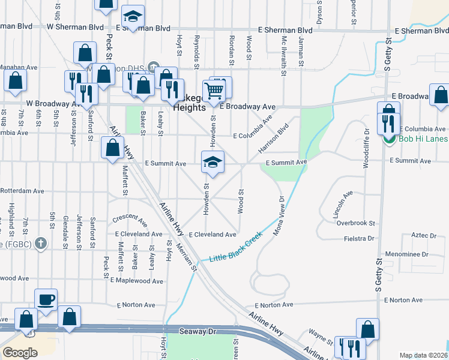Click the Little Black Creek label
click(x=235, y=247)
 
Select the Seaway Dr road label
click(x=197, y=331)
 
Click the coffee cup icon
click(x=46, y=299)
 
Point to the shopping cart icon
click(x=214, y=91)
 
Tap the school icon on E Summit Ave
click(x=212, y=162)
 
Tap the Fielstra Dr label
click(x=360, y=239)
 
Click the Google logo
click(x=20, y=353)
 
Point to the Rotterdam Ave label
click(x=22, y=191)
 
